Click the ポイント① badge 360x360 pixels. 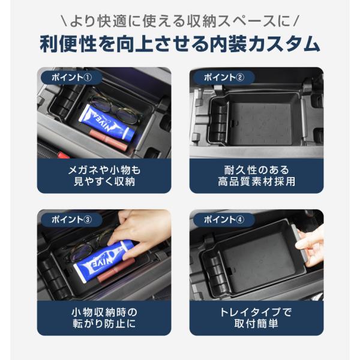click(71, 77)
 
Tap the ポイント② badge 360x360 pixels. click(224, 77)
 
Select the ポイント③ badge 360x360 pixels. click(71, 220)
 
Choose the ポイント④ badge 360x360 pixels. click(224, 220)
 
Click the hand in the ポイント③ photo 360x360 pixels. click(140, 232)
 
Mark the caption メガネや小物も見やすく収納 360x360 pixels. click(104, 176)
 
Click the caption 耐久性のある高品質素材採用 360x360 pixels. click(256, 176)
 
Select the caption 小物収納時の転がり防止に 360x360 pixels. click(104, 318)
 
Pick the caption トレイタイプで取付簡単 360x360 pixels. click(256, 318)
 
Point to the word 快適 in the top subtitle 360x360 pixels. click(112, 22)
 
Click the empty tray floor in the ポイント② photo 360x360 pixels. click(262, 124)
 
